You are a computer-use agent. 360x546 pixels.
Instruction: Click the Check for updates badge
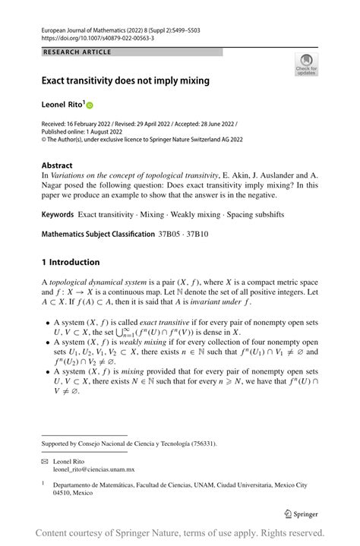coord(306,65)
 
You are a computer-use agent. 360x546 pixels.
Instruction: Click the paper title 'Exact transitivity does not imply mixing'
coord(125,80)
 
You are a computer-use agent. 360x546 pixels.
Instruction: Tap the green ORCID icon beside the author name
coord(89,105)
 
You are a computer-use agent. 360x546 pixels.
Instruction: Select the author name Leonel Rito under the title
coord(62,105)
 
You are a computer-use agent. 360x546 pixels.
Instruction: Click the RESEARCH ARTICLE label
coord(77,52)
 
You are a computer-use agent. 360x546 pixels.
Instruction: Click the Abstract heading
coord(57,165)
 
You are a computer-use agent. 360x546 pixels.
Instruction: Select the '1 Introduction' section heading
coord(71,262)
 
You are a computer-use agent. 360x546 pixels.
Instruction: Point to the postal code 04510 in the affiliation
coord(63,492)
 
